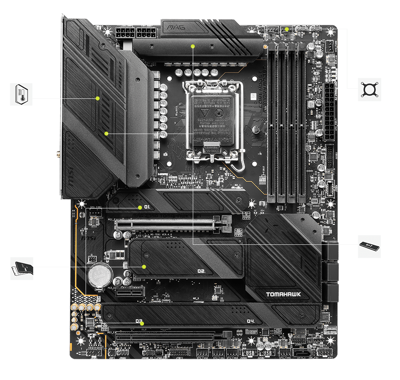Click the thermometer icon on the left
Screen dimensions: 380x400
click(x=21, y=95)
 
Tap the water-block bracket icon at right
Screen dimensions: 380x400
click(x=369, y=89)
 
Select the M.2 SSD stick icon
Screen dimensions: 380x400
click(x=369, y=246)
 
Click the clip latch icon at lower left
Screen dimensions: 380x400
click(x=22, y=268)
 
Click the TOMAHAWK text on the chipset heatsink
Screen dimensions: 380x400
click(x=284, y=295)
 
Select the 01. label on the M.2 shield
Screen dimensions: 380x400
click(x=147, y=207)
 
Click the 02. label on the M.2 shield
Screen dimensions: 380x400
click(x=201, y=271)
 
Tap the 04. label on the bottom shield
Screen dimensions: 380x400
click(x=251, y=321)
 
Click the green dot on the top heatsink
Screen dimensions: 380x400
click(x=193, y=46)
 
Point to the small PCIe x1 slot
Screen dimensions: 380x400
click(x=130, y=293)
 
